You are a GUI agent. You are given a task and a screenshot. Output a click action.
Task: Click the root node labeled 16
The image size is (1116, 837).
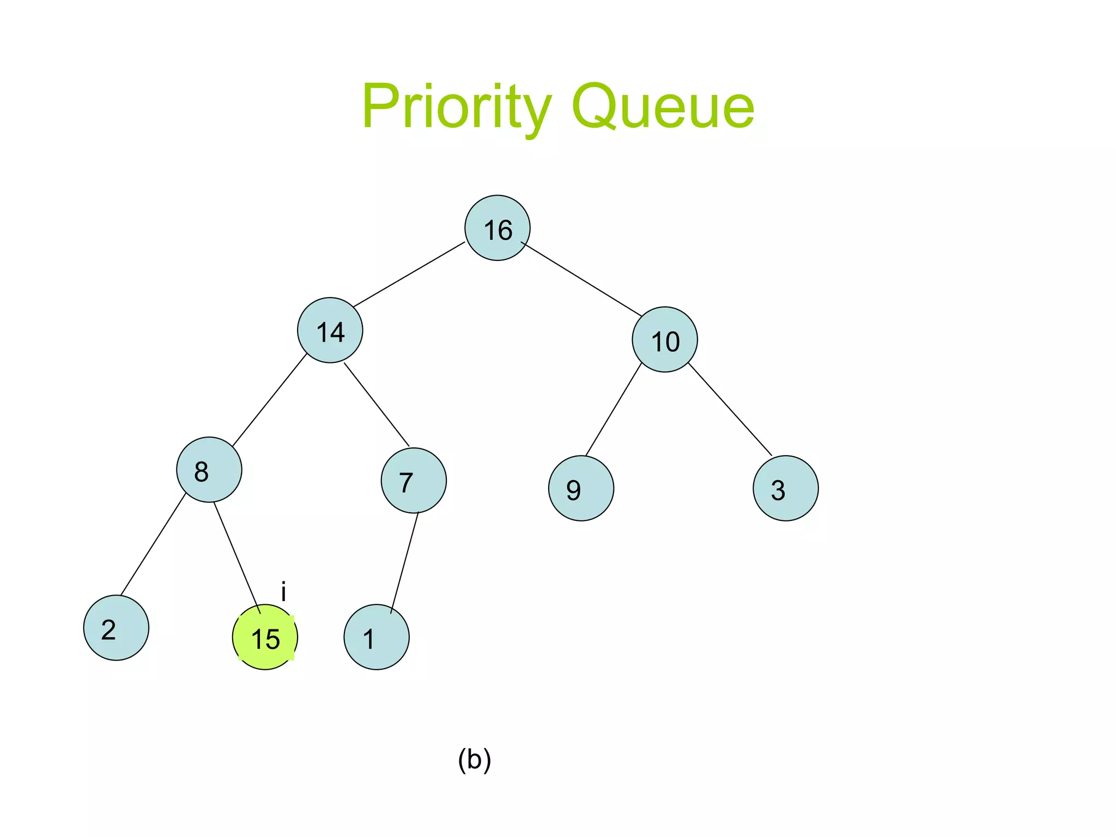(497, 228)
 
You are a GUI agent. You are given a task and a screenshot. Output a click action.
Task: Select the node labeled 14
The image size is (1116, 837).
(330, 330)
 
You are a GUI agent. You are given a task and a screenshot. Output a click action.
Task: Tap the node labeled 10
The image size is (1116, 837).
(665, 339)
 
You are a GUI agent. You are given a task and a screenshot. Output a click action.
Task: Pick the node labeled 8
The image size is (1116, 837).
(209, 469)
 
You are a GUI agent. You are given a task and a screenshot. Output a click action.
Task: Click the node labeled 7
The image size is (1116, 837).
(414, 480)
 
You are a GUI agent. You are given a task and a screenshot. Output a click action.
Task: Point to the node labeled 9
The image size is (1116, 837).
(581, 488)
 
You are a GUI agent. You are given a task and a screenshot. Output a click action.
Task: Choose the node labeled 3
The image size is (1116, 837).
(785, 488)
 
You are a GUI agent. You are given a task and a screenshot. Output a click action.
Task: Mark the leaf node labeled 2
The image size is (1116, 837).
(116, 628)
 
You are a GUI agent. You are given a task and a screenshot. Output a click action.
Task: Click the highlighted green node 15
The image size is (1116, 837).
(265, 637)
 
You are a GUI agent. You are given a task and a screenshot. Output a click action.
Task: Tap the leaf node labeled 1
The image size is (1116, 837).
(377, 637)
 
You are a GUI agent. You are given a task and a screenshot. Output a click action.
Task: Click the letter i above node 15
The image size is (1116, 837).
(283, 591)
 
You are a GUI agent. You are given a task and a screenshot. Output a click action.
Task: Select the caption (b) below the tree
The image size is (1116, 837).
(474, 760)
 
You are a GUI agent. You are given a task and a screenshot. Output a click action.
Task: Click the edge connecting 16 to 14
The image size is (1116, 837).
(409, 274)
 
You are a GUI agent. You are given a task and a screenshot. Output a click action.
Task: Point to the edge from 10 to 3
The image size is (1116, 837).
(730, 409)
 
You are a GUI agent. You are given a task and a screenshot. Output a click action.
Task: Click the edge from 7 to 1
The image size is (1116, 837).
(404, 563)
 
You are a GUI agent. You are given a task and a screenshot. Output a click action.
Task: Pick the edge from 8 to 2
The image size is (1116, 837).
(153, 544)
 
